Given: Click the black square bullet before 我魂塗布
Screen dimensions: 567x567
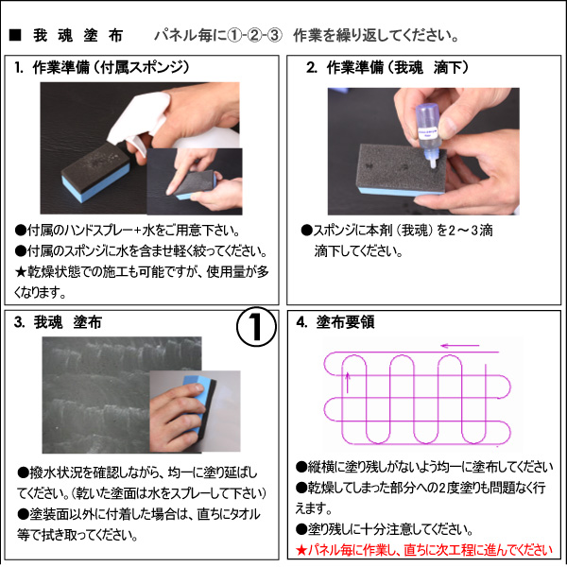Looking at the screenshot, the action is (x=15, y=35).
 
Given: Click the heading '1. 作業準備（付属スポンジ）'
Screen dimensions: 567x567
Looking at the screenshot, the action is (x=102, y=68).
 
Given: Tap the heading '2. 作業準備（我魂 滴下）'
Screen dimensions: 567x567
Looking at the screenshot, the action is (x=387, y=68).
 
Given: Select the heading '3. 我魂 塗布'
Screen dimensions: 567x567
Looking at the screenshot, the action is (x=58, y=322).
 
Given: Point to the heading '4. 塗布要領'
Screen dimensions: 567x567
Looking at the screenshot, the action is (x=335, y=322).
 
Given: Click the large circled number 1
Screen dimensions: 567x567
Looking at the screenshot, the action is (x=256, y=327).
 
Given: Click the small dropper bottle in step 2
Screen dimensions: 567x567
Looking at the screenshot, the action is (x=428, y=135).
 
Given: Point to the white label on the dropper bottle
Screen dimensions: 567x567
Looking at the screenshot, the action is (x=427, y=133).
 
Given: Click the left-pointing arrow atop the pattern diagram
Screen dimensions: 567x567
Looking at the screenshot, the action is (x=460, y=346).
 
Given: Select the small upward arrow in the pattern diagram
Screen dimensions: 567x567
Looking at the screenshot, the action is (x=348, y=383).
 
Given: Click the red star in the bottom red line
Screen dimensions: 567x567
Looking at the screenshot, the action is (x=301, y=551).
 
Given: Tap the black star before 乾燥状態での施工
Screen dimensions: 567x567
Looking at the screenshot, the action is (x=21, y=272).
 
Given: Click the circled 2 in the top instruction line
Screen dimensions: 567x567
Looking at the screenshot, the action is (x=254, y=36).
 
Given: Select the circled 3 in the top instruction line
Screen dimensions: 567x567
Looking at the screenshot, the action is (x=274, y=36).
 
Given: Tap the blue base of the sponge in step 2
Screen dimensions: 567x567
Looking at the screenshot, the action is (x=398, y=192).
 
